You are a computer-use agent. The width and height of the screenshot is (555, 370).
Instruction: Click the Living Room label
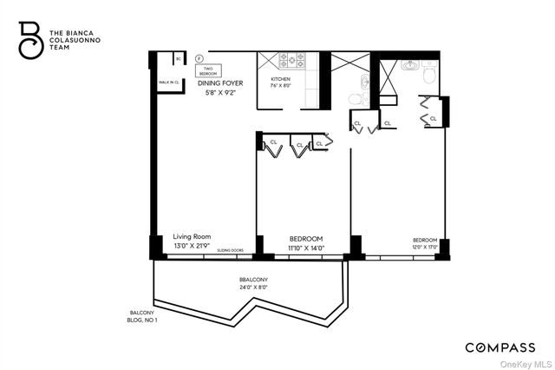193,236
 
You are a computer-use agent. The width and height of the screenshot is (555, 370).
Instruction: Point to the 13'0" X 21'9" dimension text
193,246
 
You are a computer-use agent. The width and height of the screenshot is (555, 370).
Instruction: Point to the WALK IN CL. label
168,83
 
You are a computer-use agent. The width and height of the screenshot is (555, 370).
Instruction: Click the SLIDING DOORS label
230,250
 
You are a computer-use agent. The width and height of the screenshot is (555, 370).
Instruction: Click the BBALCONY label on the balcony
252,279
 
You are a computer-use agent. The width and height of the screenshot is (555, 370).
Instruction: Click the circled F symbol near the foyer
199,58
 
